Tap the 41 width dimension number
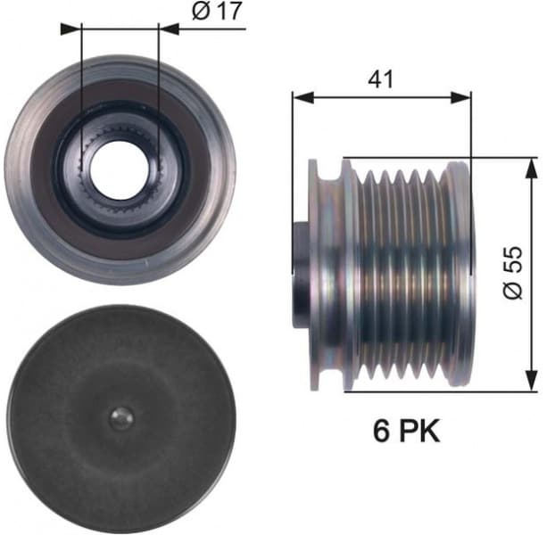point(381,78)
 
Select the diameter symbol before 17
point(199,12)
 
